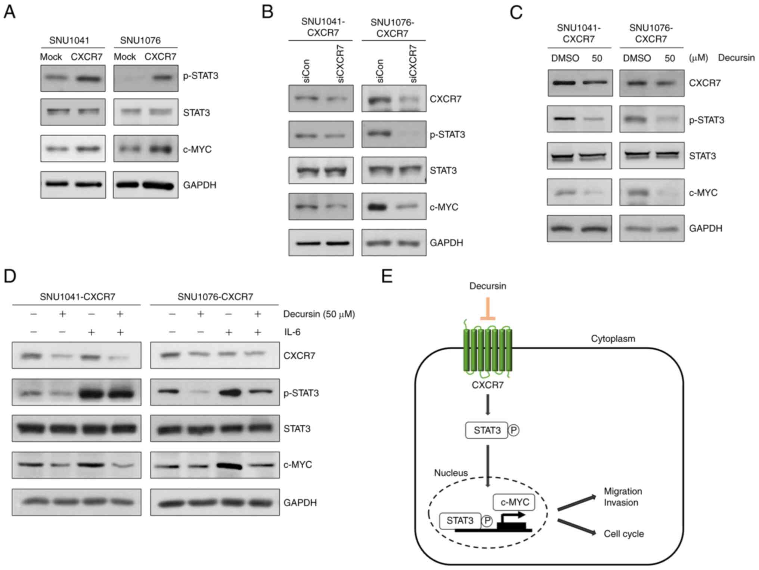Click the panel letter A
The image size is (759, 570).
[9, 12]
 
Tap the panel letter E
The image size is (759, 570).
[387, 276]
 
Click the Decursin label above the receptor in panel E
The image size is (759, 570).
[487, 286]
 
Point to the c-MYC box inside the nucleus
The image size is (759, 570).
[514, 502]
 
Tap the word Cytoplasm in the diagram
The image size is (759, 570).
[613, 339]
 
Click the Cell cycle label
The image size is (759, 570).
[623, 534]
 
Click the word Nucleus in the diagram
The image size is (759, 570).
[450, 473]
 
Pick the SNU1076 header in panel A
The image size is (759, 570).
[140, 40]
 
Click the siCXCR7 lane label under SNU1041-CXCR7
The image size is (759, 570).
[340, 64]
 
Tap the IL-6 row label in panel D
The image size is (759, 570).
[292, 332]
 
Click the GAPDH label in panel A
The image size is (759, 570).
[199, 185]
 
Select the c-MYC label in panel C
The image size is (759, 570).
[703, 193]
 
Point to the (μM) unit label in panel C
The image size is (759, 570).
[698, 58]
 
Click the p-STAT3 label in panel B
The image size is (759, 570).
[447, 134]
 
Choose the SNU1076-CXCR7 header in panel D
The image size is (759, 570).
[215, 297]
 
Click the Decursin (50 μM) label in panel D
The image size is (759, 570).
[319, 314]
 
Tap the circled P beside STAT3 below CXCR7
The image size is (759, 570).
[514, 430]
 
